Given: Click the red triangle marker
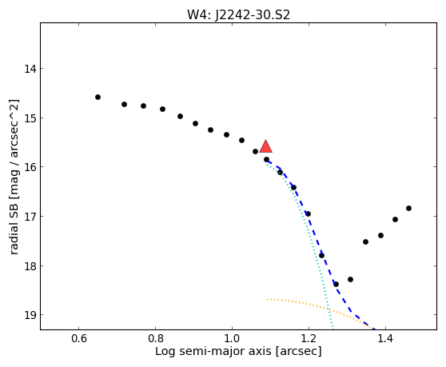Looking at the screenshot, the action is (265, 147).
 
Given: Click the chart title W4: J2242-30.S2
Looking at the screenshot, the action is (238, 15).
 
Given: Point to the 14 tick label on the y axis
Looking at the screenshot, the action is (30, 69).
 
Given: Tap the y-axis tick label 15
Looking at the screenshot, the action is (30, 118).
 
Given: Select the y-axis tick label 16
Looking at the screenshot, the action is (30, 167).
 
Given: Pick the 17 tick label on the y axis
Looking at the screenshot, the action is (30, 216).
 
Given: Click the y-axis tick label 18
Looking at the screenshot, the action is (30, 265).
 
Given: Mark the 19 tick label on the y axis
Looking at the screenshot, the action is (30, 315).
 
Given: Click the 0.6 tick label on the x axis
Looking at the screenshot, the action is (79, 339).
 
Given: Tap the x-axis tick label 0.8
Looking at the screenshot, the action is (155, 339).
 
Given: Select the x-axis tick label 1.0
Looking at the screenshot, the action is (232, 339).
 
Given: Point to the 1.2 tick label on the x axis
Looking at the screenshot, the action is (309, 339).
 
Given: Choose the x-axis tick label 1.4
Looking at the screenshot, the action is (385, 339).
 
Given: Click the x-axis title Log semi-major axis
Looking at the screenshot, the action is (213, 352).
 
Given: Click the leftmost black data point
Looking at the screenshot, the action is (98, 98).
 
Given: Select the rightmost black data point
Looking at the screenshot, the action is (408, 208).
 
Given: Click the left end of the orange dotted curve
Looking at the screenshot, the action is (268, 299).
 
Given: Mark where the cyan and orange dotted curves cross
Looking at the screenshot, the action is (329, 309).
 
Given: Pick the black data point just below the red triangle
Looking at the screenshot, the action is (266, 160).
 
